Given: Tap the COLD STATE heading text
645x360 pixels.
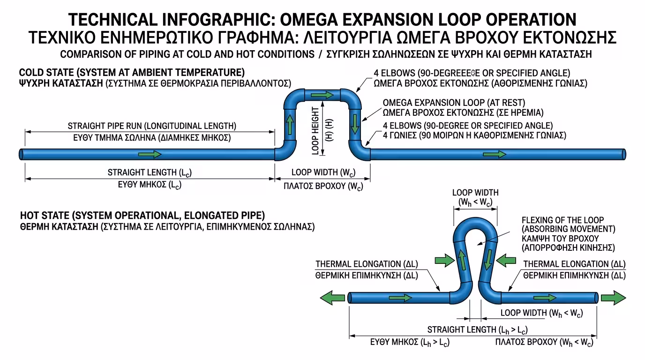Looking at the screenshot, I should pos(132,73).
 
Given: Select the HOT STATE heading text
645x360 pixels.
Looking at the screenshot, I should pos(142,216).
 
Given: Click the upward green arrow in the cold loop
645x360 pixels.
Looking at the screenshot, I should pos(290,125).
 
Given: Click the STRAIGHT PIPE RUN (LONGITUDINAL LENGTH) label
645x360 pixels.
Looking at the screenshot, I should pos(152,126).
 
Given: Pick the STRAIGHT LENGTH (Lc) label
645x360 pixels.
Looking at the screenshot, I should pos(150,172).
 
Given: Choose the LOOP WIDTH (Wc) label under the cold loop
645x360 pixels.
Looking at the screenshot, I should pos(323,172).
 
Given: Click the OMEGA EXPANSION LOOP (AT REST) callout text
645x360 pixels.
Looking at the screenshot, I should pos(454,102).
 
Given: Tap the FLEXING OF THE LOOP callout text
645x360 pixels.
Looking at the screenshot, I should pos(562,220).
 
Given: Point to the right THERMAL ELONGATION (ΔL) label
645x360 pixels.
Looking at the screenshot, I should pos(574,264).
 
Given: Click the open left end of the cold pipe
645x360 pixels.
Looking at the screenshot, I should pos(22,154).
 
